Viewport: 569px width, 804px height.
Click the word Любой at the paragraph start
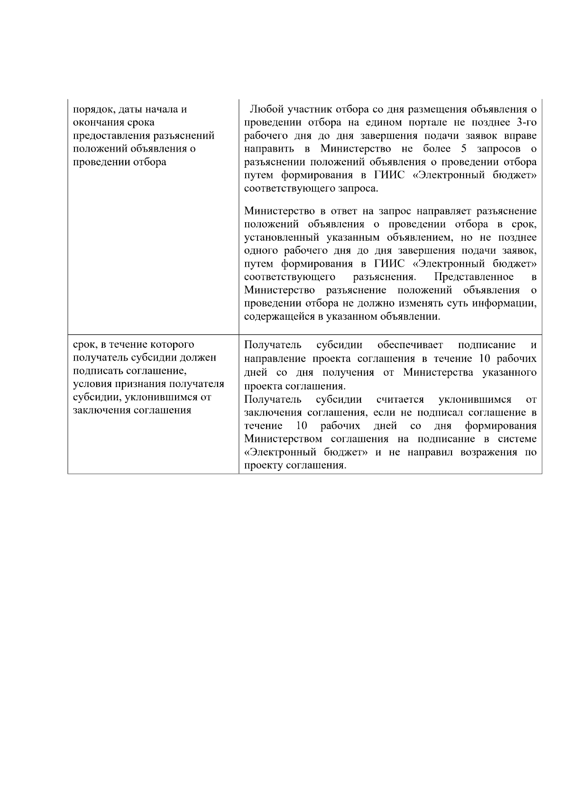[x=266, y=109]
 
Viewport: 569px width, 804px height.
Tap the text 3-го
[x=526, y=123]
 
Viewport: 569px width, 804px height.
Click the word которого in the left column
[x=171, y=344]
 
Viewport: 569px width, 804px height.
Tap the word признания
[x=134, y=384]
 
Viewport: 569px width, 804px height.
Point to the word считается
[x=400, y=399]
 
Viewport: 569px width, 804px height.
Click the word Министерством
[x=284, y=439]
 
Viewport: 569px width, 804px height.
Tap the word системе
[x=518, y=439]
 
